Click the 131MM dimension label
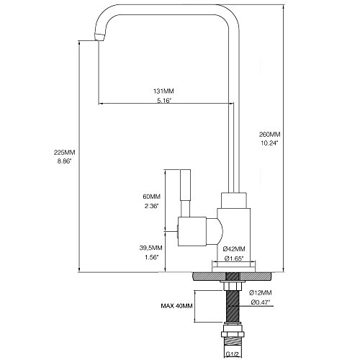[163, 91]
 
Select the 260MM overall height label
[269, 135]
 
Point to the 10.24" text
[269, 143]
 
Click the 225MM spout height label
[64, 152]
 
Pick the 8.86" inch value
[64, 161]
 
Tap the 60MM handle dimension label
[151, 197]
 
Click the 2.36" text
[151, 206]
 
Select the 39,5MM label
[150, 248]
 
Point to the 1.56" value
[151, 257]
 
